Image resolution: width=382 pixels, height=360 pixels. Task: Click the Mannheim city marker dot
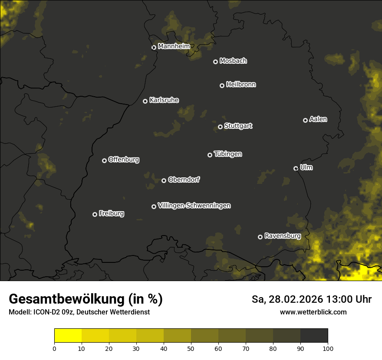click(x=154, y=48)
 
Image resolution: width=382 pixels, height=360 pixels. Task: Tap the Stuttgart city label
click(x=238, y=126)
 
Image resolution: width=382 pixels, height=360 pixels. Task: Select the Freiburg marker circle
click(x=95, y=214)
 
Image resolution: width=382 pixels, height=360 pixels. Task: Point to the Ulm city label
click(x=306, y=167)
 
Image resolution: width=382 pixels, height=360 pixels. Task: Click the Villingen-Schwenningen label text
click(x=194, y=206)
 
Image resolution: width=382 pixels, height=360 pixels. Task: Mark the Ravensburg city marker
click(x=260, y=237)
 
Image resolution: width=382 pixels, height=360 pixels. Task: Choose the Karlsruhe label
click(x=164, y=100)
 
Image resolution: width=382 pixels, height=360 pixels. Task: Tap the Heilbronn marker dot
click(x=222, y=85)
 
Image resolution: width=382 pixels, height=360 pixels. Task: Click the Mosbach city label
click(x=233, y=61)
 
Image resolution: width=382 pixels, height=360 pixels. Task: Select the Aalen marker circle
click(x=305, y=120)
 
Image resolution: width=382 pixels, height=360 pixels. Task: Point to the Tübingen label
click(x=227, y=154)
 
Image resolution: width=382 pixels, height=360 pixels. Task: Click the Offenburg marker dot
click(x=104, y=160)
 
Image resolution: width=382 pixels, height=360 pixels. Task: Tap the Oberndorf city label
click(x=184, y=180)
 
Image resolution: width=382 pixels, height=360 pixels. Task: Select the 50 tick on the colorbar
click(x=191, y=348)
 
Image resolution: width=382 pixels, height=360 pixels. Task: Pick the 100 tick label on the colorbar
click(x=328, y=348)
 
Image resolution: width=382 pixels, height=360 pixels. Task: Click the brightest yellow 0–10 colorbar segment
click(x=68, y=336)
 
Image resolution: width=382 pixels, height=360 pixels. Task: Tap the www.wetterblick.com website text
click(x=313, y=312)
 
